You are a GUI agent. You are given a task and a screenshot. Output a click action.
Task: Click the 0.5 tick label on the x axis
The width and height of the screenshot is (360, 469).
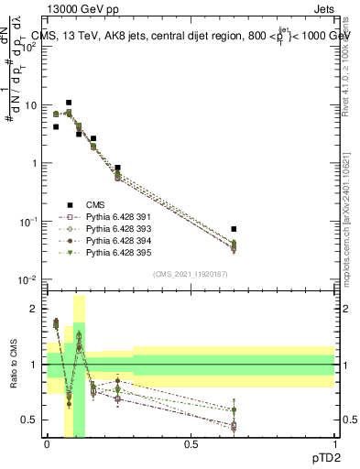(191, 442)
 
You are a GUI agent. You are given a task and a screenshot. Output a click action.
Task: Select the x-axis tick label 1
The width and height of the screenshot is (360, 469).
(334, 442)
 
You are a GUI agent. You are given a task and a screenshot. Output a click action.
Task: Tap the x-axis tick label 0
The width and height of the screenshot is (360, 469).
(47, 442)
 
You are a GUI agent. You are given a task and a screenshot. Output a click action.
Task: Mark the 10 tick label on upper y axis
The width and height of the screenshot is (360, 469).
(30, 105)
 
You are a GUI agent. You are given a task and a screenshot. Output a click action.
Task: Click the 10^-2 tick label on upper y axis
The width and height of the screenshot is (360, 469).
(28, 279)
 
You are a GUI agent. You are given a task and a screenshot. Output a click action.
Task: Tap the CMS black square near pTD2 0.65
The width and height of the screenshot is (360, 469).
(234, 229)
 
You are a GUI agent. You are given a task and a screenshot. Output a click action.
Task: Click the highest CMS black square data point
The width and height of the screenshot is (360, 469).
(69, 104)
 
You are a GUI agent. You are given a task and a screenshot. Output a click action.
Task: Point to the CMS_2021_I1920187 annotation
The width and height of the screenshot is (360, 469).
(191, 273)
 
